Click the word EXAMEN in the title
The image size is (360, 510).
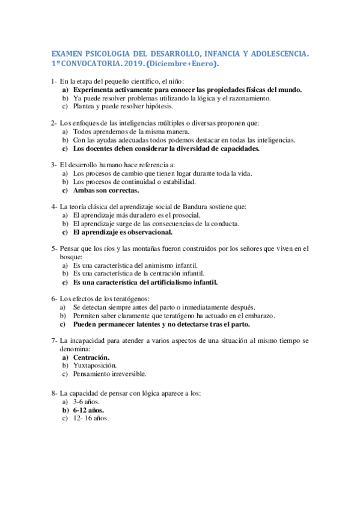tap(63, 54)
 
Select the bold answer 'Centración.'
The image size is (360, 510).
tap(91, 357)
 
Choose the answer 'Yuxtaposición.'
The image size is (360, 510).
tap(94, 365)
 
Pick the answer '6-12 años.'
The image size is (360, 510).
tap(88, 410)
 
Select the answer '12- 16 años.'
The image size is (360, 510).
tap(91, 419)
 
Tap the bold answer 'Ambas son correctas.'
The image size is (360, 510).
tap(106, 190)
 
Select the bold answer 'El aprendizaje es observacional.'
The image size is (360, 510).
tap(123, 232)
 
